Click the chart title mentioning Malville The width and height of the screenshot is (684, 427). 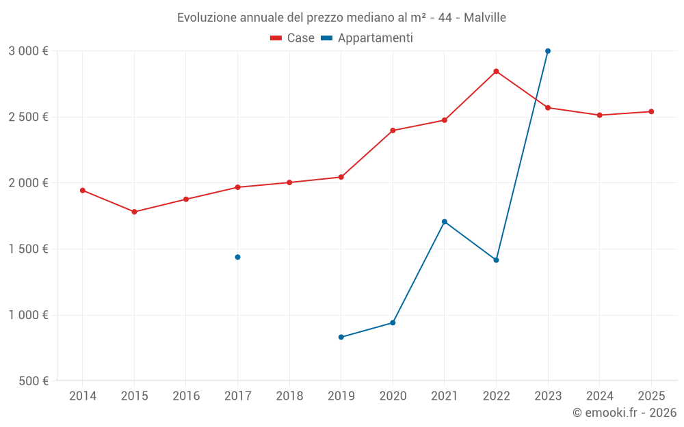click(x=341, y=18)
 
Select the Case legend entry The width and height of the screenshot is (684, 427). click(x=292, y=38)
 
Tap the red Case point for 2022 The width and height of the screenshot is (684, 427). click(x=496, y=71)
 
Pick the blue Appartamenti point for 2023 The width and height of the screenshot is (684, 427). click(x=548, y=51)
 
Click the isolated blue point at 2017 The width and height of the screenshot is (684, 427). click(x=237, y=257)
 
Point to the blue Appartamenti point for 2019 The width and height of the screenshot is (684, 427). click(x=341, y=337)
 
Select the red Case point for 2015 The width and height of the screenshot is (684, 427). click(x=134, y=212)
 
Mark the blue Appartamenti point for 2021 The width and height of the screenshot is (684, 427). click(x=445, y=222)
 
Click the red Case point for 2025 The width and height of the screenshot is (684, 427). click(x=651, y=111)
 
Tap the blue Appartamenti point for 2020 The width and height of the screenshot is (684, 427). click(x=393, y=322)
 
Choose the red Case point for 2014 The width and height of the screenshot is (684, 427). click(x=82, y=191)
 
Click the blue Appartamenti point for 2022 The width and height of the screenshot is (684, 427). click(x=496, y=260)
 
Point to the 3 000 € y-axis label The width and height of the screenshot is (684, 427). click(x=28, y=51)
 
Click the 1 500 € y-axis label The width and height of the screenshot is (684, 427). click(x=28, y=249)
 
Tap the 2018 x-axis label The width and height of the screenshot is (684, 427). click(x=289, y=396)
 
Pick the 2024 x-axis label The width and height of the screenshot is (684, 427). click(x=599, y=396)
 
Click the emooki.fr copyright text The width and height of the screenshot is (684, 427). click(x=624, y=413)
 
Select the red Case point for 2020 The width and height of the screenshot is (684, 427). click(x=393, y=130)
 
